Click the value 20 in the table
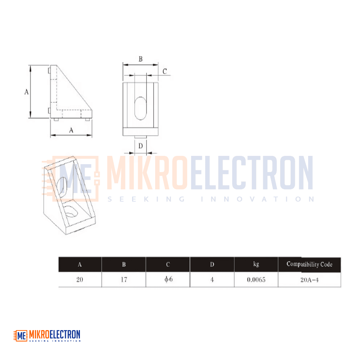pyautogui.click(x=80, y=280)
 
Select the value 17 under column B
pyautogui.click(x=124, y=280)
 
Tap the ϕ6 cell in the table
pyautogui.click(x=168, y=279)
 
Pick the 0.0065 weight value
pyautogui.click(x=256, y=280)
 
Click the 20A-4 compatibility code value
pyautogui.click(x=310, y=280)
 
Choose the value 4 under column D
pyautogui.click(x=212, y=280)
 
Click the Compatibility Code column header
pyautogui.click(x=310, y=264)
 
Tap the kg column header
pyautogui.click(x=256, y=264)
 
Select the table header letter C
pyautogui.click(x=168, y=265)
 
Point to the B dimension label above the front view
pyautogui.click(x=140, y=59)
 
